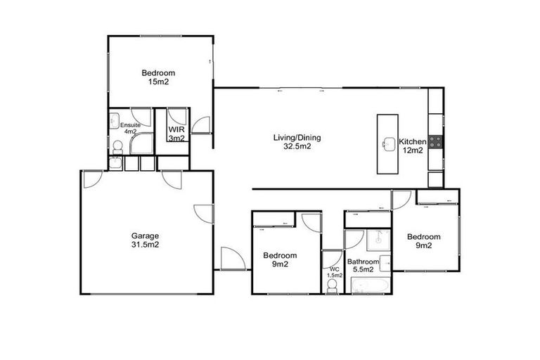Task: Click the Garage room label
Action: pyautogui.click(x=145, y=236)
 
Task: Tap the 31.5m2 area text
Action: pyautogui.click(x=145, y=245)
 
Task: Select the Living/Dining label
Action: pyautogui.click(x=292, y=137)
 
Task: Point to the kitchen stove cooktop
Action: pyautogui.click(x=436, y=141)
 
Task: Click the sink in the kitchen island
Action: pyautogui.click(x=388, y=144)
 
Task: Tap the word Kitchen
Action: pyautogui.click(x=412, y=141)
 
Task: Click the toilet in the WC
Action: pyautogui.click(x=332, y=284)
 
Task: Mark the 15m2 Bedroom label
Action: pyautogui.click(x=158, y=77)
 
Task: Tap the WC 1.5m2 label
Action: pyautogui.click(x=334, y=271)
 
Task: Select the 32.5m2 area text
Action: pyautogui.click(x=292, y=147)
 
